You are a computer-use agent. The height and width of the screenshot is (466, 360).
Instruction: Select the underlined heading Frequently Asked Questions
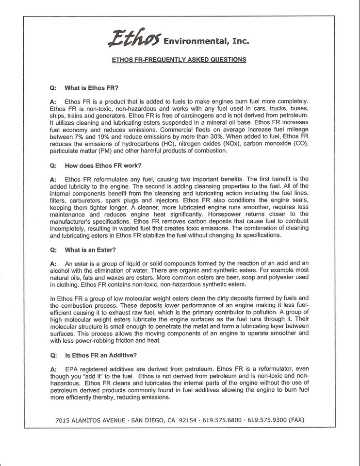pyautogui.click(x=180, y=60)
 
